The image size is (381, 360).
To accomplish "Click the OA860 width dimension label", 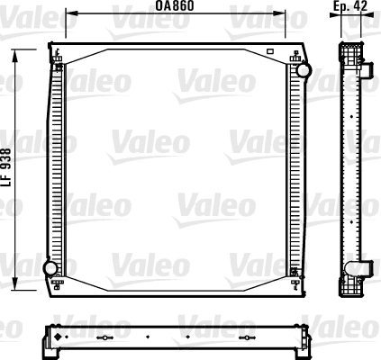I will click(176, 6).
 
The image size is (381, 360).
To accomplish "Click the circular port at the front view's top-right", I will click(304, 68).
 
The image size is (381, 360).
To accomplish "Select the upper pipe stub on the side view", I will click(367, 68).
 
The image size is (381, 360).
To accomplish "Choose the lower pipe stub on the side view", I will click(367, 267).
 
